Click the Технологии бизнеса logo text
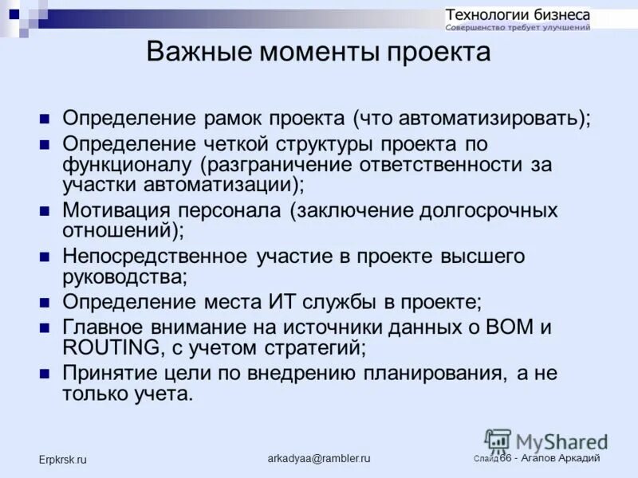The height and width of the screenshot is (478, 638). pyautogui.click(x=518, y=14)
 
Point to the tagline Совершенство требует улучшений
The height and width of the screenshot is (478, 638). pyautogui.click(x=518, y=28)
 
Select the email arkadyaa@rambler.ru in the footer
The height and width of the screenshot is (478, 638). pyautogui.click(x=319, y=459)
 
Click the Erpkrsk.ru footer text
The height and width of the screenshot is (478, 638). pyautogui.click(x=63, y=460)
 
